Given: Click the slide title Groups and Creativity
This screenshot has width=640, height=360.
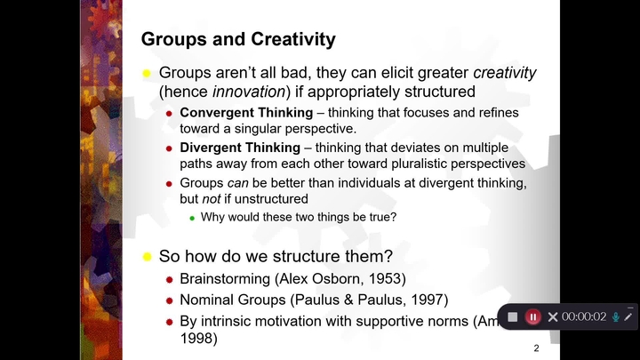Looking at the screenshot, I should [x=238, y=39].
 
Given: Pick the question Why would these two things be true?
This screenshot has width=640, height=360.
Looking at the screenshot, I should [x=298, y=217].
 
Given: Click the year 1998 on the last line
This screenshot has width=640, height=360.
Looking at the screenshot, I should [x=198, y=339].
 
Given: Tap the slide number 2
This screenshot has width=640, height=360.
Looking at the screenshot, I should [x=536, y=348].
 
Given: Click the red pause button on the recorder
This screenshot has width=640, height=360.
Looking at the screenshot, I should [x=533, y=317].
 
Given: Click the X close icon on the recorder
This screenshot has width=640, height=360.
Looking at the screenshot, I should [x=553, y=317].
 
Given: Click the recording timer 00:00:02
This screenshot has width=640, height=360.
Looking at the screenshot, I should [x=584, y=317].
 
